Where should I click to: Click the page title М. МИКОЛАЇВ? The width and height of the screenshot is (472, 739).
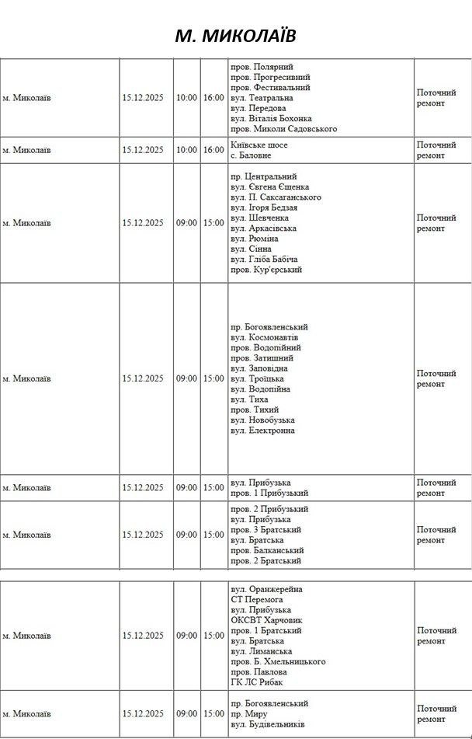click(x=235, y=37)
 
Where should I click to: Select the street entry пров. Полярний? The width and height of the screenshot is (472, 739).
click(x=262, y=67)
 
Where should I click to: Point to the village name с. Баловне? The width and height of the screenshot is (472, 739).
click(x=251, y=155)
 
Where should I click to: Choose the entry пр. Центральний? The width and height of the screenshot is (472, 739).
click(x=264, y=176)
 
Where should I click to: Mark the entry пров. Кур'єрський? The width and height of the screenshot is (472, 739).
click(x=266, y=270)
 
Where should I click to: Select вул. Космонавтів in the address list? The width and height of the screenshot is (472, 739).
click(x=264, y=337)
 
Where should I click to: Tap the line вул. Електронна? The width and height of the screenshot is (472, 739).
click(x=262, y=431)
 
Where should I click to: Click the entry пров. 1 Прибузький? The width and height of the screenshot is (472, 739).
click(x=269, y=493)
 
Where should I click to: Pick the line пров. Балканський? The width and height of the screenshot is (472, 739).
click(x=264, y=550)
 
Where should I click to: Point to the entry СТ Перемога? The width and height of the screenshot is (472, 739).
click(x=257, y=600)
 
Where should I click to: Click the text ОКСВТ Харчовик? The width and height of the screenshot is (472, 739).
click(x=266, y=620)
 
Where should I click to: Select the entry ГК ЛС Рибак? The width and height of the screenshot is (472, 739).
click(x=256, y=682)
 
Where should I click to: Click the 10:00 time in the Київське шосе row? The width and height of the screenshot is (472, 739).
click(x=187, y=150)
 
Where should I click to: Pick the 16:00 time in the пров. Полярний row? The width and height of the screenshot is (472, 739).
click(x=213, y=98)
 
